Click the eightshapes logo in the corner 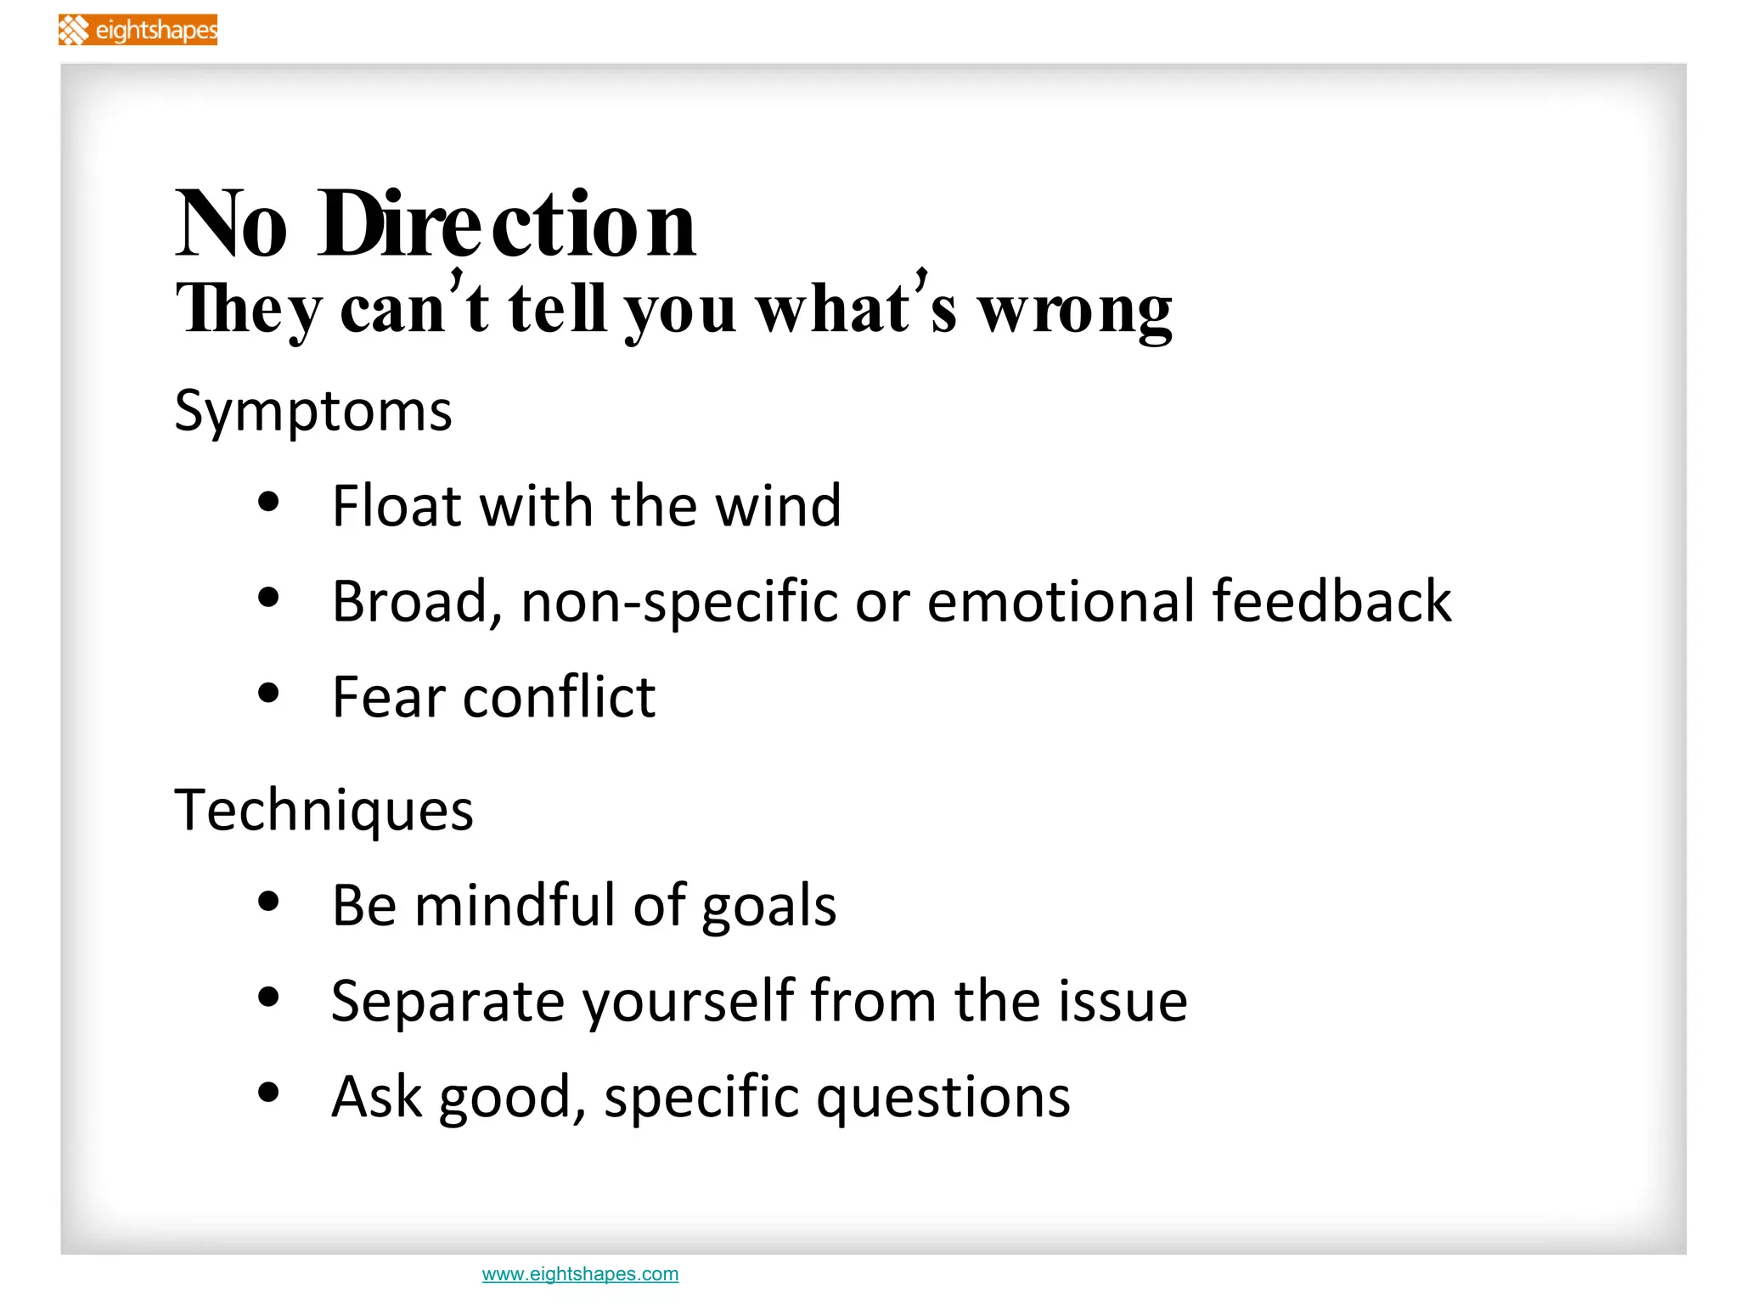pyautogui.click(x=138, y=31)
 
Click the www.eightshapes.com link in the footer pyautogui.click(x=580, y=1273)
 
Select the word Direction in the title pyautogui.click(x=507, y=224)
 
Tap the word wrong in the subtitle pyautogui.click(x=1075, y=311)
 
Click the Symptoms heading pyautogui.click(x=312, y=412)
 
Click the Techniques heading pyautogui.click(x=324, y=810)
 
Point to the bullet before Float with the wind pyautogui.click(x=268, y=502)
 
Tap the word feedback pyautogui.click(x=1331, y=601)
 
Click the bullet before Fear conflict pyautogui.click(x=268, y=693)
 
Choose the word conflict pyautogui.click(x=560, y=697)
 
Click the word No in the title pyautogui.click(x=231, y=224)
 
